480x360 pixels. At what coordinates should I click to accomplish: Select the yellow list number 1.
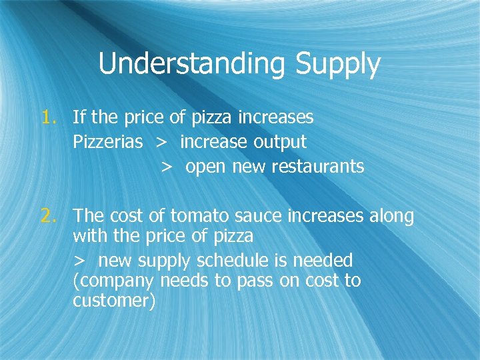coord(50,118)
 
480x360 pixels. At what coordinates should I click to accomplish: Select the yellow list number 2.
coord(50,216)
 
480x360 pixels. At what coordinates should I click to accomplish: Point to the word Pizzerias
coord(108,142)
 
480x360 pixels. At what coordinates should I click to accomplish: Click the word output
coord(281,142)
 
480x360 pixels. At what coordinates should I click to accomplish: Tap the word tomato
coord(198,216)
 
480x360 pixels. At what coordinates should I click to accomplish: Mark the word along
coord(390,216)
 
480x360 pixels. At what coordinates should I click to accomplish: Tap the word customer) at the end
coord(114,301)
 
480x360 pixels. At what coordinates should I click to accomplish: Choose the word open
coord(206,166)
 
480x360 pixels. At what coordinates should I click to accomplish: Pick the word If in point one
coord(79,118)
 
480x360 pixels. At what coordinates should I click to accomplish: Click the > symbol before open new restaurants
coord(167,167)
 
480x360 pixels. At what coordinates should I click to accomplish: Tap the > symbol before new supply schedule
coord(80,261)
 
